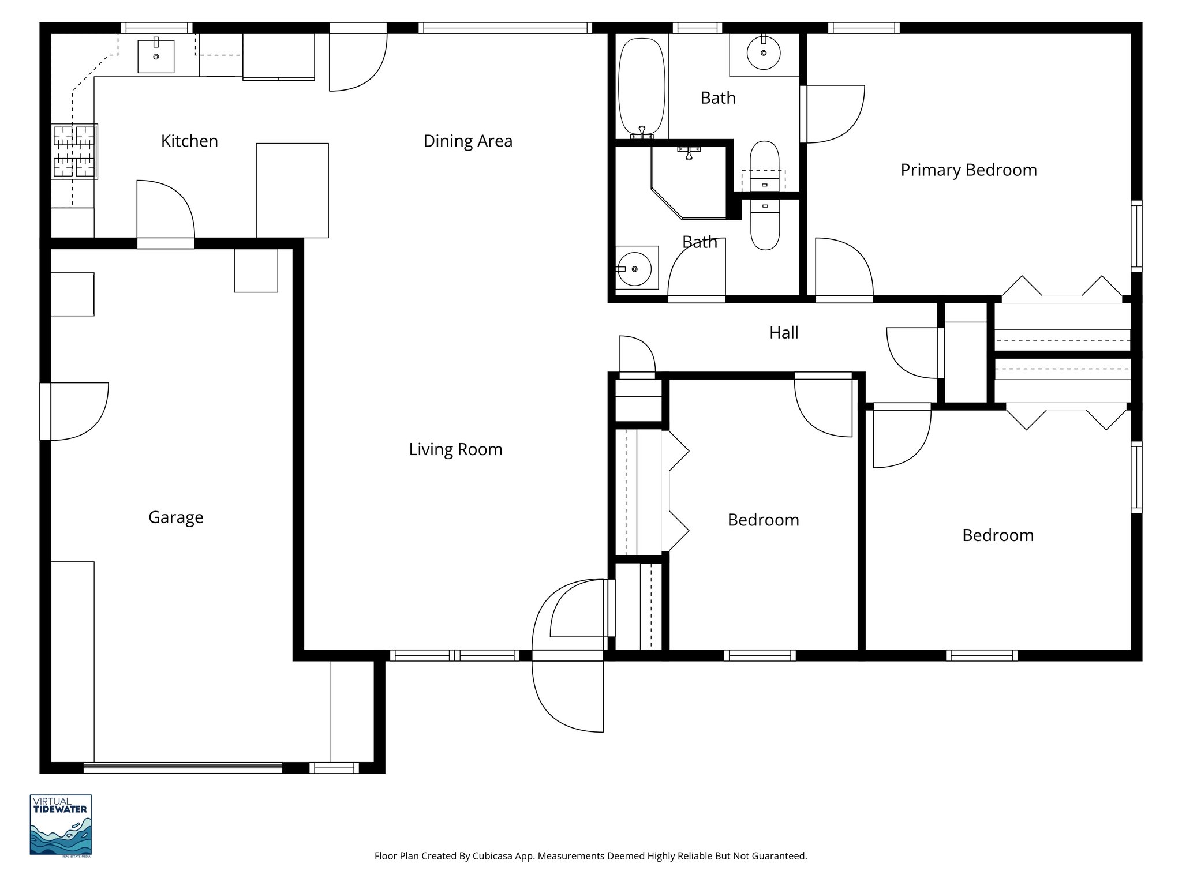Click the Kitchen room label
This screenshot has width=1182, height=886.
(x=189, y=141)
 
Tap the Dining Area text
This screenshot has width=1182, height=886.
(x=467, y=141)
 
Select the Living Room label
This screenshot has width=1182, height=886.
(x=455, y=449)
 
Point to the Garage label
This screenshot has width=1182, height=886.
(x=175, y=517)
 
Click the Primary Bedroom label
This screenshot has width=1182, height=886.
(x=968, y=170)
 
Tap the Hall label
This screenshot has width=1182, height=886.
(x=784, y=333)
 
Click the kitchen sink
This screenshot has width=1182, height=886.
(x=156, y=56)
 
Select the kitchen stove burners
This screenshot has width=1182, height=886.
(x=74, y=151)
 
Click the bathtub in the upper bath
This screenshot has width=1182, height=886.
(x=641, y=87)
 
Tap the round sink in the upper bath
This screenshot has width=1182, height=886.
(x=764, y=53)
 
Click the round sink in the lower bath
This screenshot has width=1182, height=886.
(x=634, y=269)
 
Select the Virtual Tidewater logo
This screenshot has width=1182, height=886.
(x=61, y=825)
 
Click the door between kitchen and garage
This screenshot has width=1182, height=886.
(x=166, y=211)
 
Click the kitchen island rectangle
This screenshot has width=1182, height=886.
(x=292, y=190)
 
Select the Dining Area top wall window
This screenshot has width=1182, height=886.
(x=505, y=28)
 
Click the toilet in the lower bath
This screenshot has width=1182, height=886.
(x=765, y=225)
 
